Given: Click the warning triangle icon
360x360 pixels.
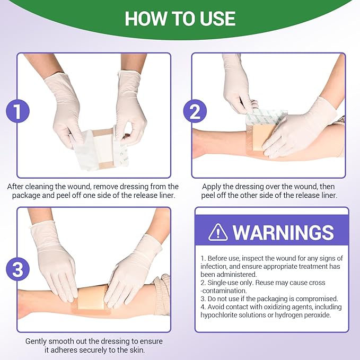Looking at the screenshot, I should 218,232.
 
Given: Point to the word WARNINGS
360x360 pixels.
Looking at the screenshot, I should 283,232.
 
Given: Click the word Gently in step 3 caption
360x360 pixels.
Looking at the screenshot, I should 38,341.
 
